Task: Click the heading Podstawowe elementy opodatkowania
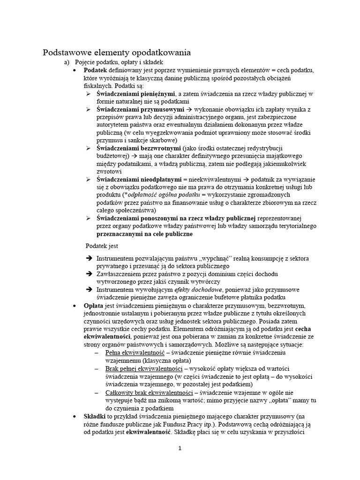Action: pos(117,52)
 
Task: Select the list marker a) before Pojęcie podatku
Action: pos(67,62)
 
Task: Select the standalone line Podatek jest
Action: pos(102,246)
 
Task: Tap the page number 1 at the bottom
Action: pos(180,448)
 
